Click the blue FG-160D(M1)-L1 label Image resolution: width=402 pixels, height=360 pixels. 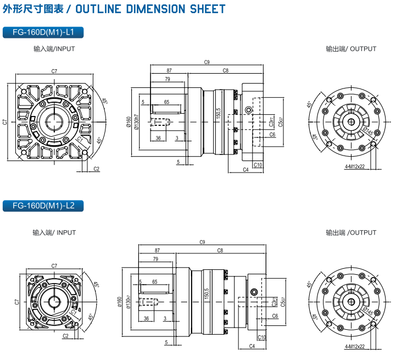coord(42,32)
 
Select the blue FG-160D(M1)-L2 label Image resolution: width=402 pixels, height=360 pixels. coord(42,206)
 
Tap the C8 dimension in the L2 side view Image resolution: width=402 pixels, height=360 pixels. coord(220,251)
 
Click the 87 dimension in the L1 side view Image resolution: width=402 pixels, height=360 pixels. coord(169,71)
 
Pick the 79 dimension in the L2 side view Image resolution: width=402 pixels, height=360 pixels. coord(155,259)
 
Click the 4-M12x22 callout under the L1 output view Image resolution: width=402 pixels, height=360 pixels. coord(355,165)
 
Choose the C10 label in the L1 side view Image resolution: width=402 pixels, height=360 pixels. coord(258,165)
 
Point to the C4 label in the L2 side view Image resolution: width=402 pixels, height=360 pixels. coord(252,346)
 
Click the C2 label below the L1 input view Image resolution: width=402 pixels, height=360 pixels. coord(97,169)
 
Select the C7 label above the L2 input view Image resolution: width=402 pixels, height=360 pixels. coord(54,265)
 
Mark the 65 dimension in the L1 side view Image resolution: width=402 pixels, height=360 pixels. coord(166,102)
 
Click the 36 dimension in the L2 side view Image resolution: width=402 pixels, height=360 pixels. coord(146,318)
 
